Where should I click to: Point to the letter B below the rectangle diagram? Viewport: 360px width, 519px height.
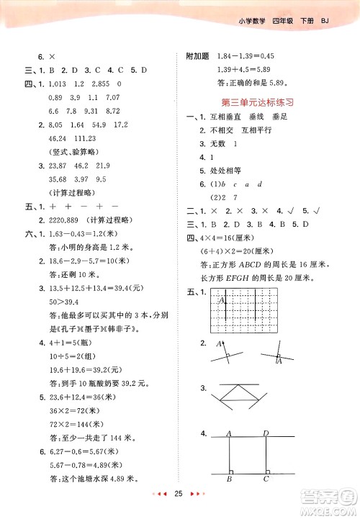tap(229, 478)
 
